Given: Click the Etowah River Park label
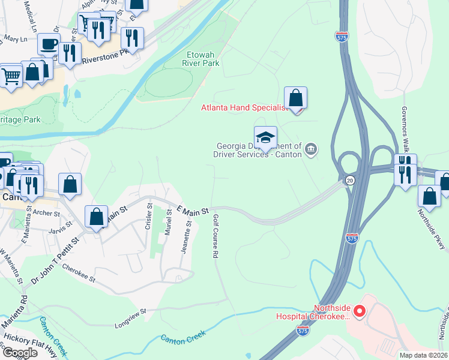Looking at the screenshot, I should (x=200, y=58).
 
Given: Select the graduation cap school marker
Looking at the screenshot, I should (x=265, y=137).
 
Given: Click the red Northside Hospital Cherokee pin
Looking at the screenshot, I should (x=360, y=311).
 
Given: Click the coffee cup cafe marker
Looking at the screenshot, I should (x=49, y=44).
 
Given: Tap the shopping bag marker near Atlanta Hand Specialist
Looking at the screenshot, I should (x=295, y=98).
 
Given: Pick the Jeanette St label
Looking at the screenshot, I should (x=187, y=238).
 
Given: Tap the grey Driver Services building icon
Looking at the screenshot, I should (x=311, y=149).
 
